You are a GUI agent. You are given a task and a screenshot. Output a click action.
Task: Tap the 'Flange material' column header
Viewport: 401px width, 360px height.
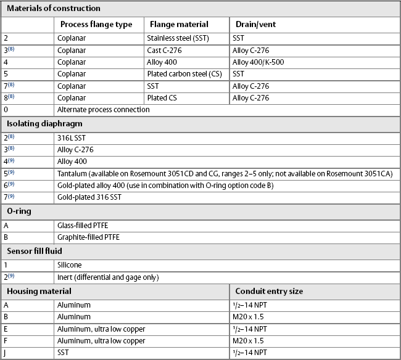tap(178, 25)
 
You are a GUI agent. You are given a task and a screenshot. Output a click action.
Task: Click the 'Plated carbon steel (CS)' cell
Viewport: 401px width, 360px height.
tap(185, 74)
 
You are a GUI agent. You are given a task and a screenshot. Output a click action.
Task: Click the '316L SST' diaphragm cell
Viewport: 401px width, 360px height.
tap(72, 138)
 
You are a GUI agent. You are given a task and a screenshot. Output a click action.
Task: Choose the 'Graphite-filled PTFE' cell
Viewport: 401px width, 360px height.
tap(88, 237)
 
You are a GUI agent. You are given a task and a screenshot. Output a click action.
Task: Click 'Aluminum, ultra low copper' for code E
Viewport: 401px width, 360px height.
tap(101, 329)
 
